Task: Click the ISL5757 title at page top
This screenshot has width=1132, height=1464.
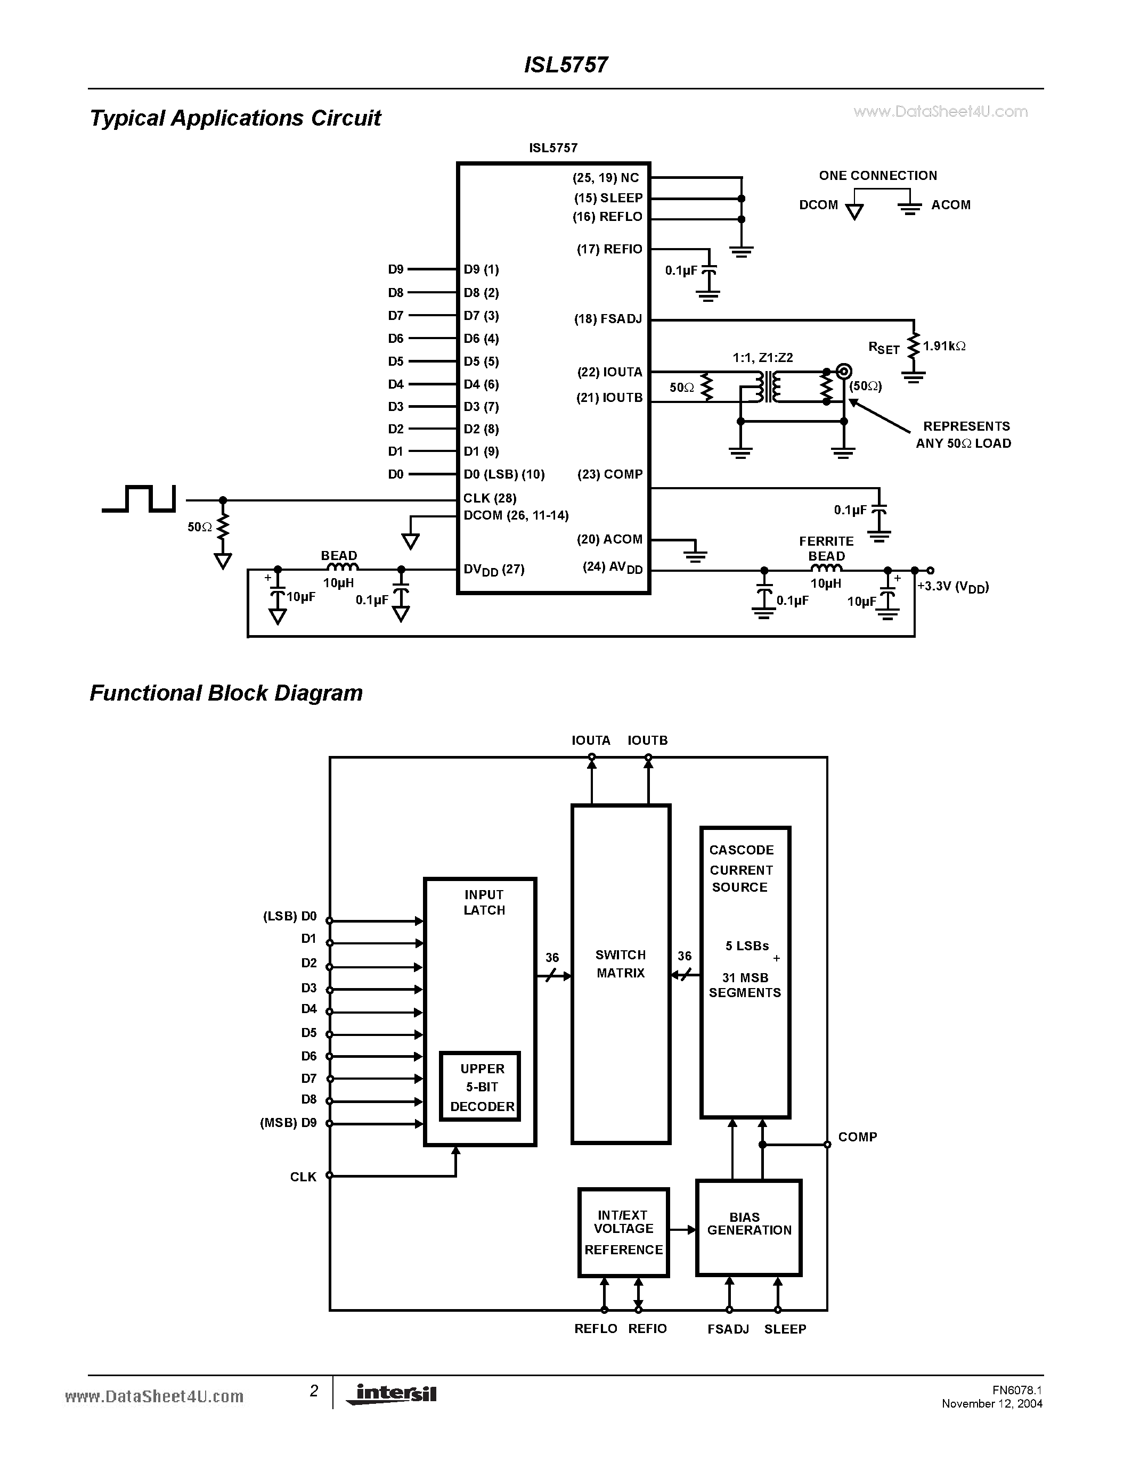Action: pos(565,65)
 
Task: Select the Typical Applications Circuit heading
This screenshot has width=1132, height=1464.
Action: pos(235,118)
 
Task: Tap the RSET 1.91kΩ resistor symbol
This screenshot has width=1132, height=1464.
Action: pos(913,347)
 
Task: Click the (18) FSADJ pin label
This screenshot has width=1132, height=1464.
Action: pos(608,319)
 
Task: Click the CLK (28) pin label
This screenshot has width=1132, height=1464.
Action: pos(490,498)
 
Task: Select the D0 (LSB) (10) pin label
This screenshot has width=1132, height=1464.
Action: pos(503,474)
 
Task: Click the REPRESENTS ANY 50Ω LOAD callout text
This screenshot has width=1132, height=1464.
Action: pos(964,434)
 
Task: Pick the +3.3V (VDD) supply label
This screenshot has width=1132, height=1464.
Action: pos(952,587)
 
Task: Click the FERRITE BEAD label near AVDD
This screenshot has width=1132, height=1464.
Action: pos(826,548)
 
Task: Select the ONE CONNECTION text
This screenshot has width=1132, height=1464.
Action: pos(877,176)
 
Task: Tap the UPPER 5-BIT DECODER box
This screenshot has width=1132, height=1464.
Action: pos(480,1087)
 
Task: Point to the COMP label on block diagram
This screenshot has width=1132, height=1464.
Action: pos(857,1137)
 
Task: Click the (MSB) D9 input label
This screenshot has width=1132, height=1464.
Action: pos(288,1123)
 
